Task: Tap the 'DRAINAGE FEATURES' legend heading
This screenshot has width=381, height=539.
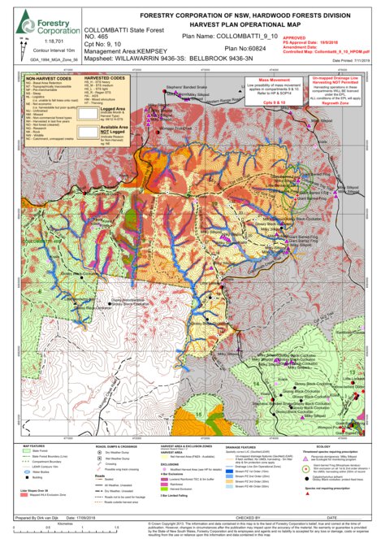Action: pyautogui.click(x=242, y=446)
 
